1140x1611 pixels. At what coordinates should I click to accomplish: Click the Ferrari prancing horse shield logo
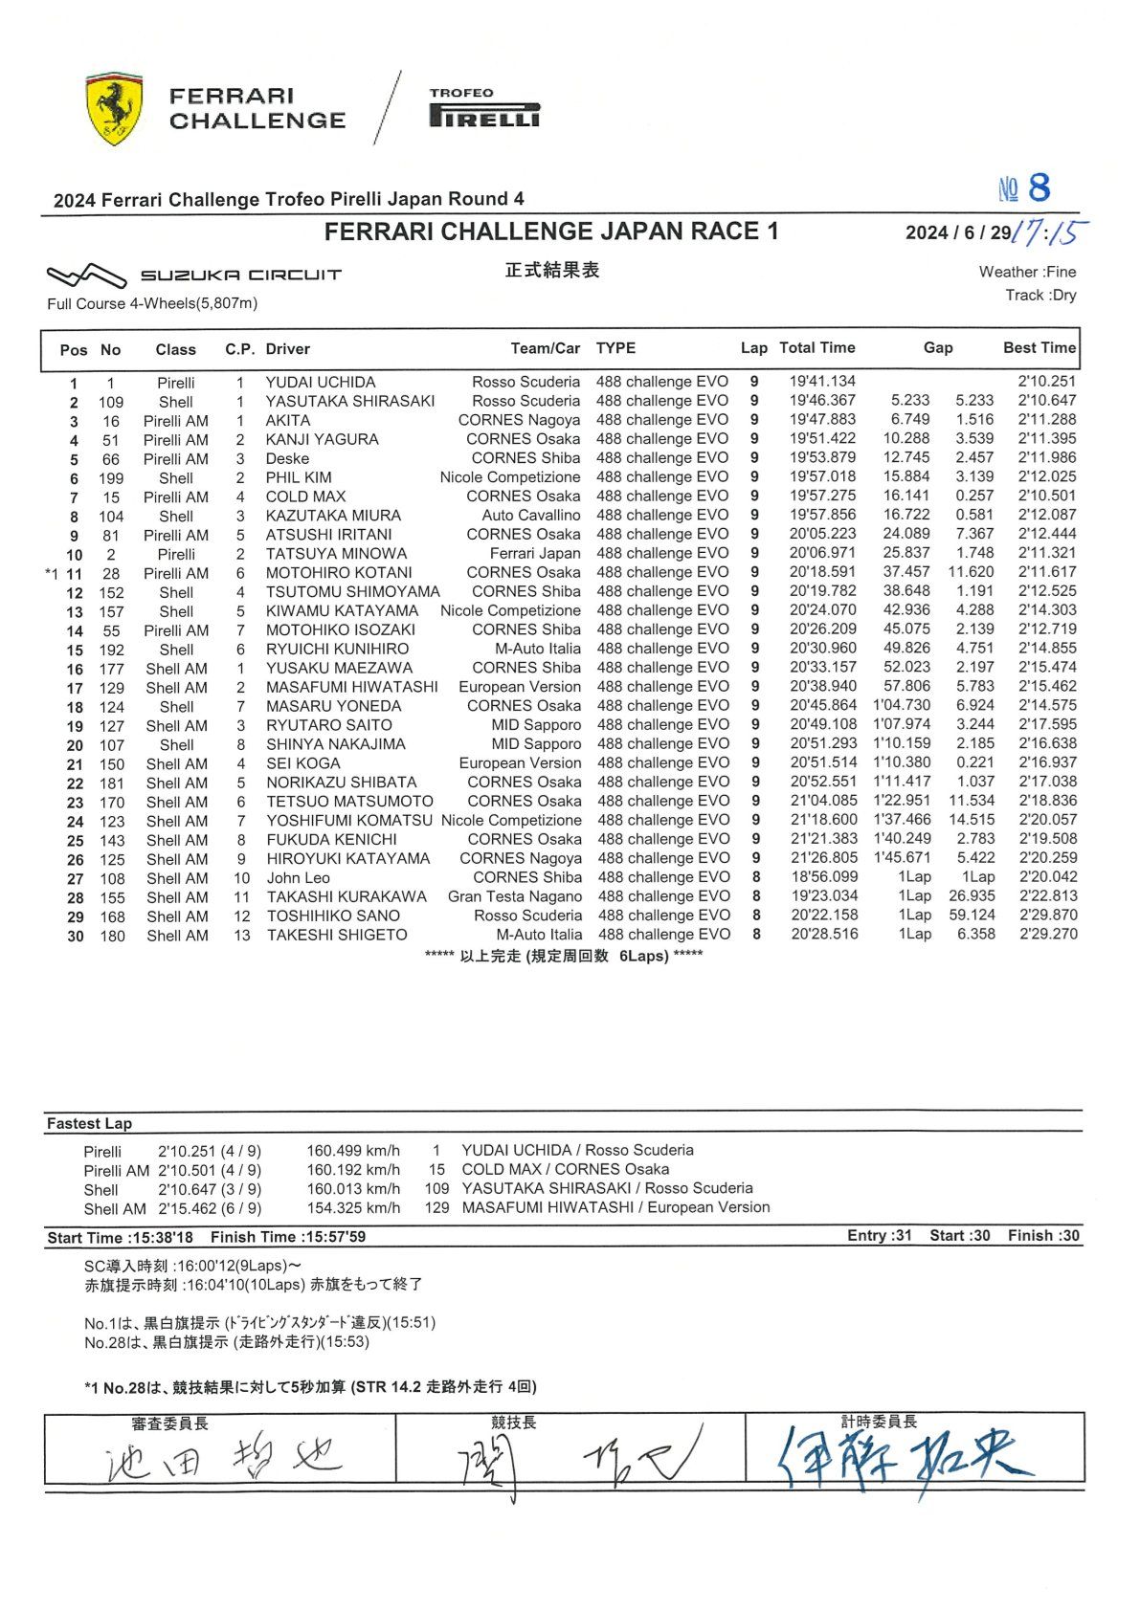(x=114, y=108)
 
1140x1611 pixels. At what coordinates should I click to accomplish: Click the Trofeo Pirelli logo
(x=484, y=108)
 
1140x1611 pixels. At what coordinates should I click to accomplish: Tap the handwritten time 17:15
(x=1050, y=232)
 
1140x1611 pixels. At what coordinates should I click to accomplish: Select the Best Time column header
(x=1039, y=348)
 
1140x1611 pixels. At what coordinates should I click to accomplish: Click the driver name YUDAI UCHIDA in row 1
(x=321, y=382)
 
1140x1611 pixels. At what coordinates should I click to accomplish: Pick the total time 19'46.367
(x=822, y=401)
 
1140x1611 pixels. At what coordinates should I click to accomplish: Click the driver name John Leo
(x=298, y=878)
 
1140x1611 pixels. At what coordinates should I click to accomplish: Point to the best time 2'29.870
(x=1047, y=916)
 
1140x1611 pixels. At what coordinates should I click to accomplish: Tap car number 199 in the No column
(x=111, y=478)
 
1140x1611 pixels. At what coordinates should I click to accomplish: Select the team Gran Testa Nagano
(x=514, y=897)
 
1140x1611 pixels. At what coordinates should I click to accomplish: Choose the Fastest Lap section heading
(x=89, y=1124)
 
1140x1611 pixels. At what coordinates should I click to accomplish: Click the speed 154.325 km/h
(x=353, y=1208)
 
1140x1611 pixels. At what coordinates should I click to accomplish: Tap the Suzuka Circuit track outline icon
(x=86, y=276)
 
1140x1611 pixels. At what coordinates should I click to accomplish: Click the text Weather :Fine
(x=1026, y=273)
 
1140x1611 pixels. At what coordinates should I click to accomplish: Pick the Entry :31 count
(x=879, y=1236)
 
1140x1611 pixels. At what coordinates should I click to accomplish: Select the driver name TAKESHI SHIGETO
(x=336, y=936)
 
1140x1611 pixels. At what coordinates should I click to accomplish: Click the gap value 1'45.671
(x=902, y=858)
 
